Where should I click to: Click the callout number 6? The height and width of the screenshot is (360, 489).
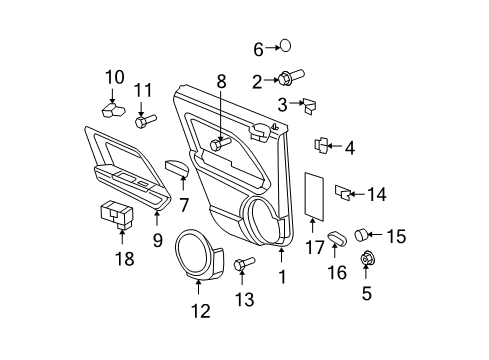257,47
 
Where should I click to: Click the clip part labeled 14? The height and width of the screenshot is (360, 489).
342,189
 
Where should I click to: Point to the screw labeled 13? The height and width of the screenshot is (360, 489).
241,265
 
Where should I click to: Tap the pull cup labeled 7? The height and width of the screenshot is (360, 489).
177,170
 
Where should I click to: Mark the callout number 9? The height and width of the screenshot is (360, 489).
158,240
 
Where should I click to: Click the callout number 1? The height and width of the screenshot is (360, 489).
283,269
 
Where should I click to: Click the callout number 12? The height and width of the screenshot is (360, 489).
201,311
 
